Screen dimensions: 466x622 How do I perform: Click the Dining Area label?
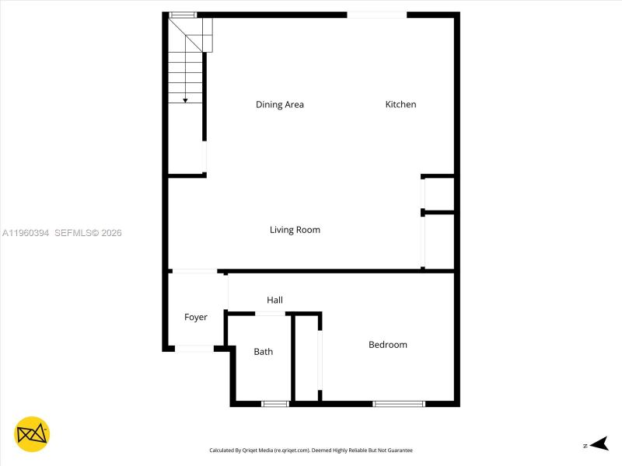[x=280, y=105]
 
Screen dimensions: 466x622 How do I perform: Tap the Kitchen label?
[x=401, y=105]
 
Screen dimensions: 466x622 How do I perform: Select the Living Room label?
[x=295, y=230]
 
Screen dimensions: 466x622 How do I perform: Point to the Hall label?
[x=274, y=300]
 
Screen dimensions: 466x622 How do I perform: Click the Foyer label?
[x=196, y=317]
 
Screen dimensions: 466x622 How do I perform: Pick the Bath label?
[x=264, y=352]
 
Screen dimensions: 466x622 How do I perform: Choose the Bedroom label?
[x=388, y=345]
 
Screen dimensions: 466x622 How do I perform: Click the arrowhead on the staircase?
[x=185, y=99]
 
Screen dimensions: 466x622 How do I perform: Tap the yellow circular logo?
[x=32, y=434]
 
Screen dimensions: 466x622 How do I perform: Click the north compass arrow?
[x=598, y=444]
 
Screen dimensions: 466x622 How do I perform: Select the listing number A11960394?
[x=26, y=233]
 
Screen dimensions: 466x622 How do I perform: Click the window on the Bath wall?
[x=275, y=404]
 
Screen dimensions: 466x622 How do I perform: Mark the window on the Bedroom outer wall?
[x=399, y=404]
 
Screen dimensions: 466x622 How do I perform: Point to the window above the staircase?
[x=183, y=15]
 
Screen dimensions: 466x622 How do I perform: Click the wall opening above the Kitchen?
[x=377, y=15]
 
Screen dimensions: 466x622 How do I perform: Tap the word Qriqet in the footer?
[x=253, y=450]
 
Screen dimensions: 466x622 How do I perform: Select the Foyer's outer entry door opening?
[x=194, y=348]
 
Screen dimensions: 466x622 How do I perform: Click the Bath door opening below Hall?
[x=271, y=313]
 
